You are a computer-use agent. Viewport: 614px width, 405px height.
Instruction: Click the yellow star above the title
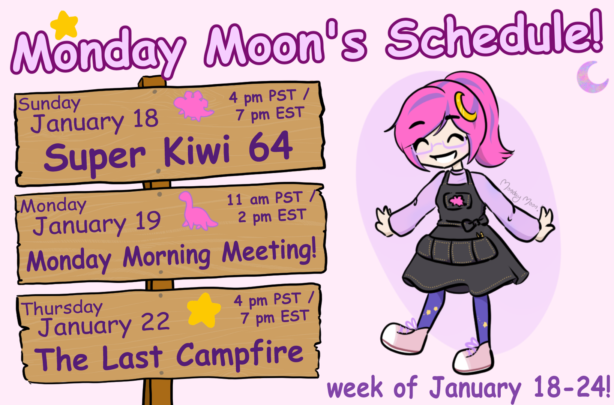[65, 25]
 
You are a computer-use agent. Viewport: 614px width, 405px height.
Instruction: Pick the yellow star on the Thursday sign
[204, 310]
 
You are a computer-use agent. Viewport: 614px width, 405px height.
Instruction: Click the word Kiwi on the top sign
[197, 151]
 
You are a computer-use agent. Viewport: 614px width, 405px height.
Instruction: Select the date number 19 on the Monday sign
[148, 220]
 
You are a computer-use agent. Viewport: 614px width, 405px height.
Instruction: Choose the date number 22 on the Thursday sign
[155, 321]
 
